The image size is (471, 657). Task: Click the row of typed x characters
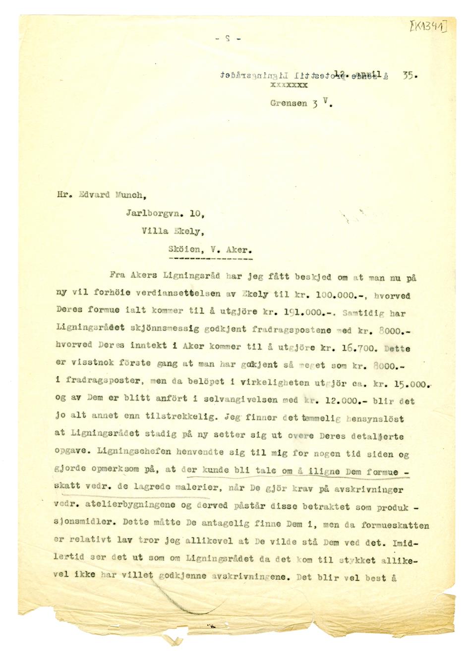[289, 85]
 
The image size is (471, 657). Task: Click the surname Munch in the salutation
[129, 195]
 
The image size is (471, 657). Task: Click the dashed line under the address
[210, 259]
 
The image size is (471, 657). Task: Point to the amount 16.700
[356, 348]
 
